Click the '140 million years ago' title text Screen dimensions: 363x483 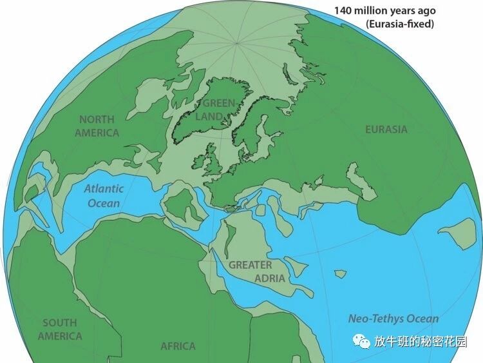384,11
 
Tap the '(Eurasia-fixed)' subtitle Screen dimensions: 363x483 399,25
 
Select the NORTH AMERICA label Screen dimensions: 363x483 97,126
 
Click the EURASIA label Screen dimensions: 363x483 386,129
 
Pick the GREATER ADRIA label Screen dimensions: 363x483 251,271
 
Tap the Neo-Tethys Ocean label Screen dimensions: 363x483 393,319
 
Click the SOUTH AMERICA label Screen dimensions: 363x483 59,329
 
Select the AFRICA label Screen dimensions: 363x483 178,346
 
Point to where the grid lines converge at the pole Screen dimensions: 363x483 238,43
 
